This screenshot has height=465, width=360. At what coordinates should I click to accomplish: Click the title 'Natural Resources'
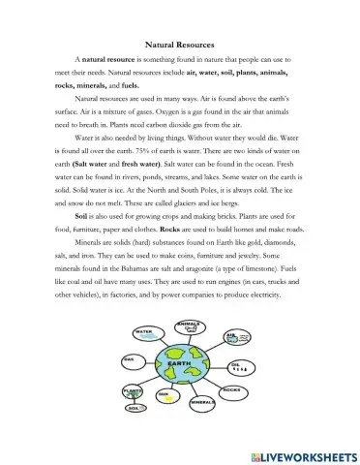click(179, 45)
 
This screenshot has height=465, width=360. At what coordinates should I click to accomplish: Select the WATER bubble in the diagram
click(145, 333)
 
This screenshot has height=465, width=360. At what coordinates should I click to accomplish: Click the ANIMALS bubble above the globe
click(188, 325)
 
